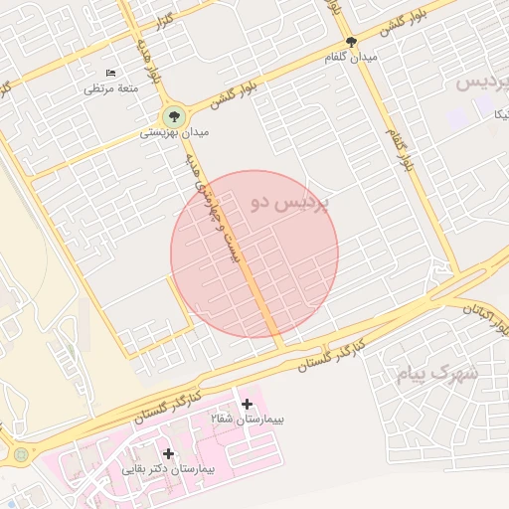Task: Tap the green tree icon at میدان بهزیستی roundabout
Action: pyautogui.click(x=175, y=115)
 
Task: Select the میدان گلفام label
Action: pyautogui.click(x=352, y=58)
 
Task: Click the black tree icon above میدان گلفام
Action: pyautogui.click(x=350, y=42)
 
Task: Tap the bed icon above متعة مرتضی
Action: pyautogui.click(x=110, y=75)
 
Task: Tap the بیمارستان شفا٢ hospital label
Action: pyautogui.click(x=248, y=420)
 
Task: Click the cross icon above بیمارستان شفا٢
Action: pyautogui.click(x=247, y=403)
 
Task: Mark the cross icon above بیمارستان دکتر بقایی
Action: pyautogui.click(x=169, y=453)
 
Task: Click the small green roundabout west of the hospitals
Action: pyautogui.click(x=21, y=455)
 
